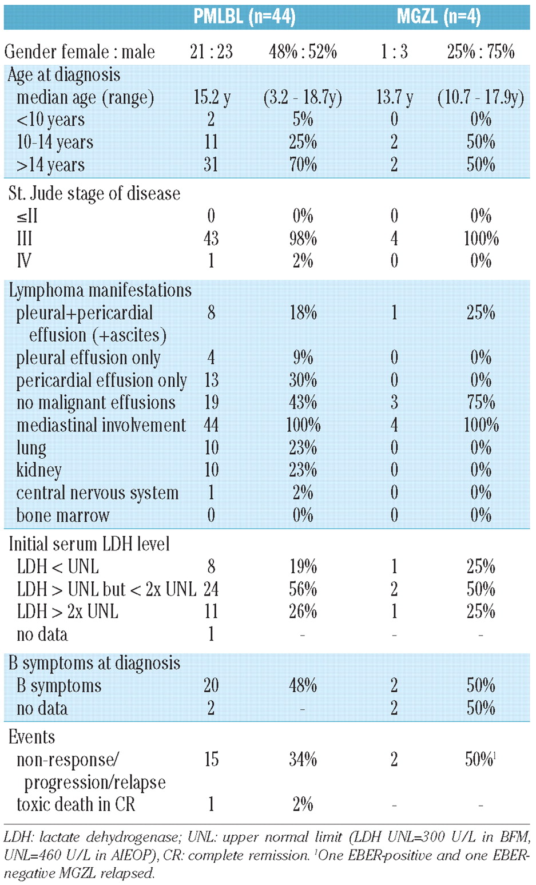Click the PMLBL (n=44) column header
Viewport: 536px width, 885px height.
(244, 17)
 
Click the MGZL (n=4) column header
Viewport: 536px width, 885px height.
(438, 17)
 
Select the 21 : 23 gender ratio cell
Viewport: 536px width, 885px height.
(211, 52)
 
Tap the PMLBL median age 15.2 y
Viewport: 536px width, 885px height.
(212, 97)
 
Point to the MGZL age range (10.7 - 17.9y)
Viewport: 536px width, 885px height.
(481, 97)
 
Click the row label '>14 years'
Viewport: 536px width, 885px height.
(50, 165)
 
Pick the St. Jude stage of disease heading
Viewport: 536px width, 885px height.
(94, 193)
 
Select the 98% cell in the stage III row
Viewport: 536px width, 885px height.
(303, 239)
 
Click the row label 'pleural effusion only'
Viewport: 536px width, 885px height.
(88, 358)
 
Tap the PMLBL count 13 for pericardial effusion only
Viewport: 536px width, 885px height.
(211, 380)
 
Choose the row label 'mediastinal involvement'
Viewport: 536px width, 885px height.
(101, 425)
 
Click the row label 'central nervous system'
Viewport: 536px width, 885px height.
(97, 493)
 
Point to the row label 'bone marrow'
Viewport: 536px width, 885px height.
(62, 515)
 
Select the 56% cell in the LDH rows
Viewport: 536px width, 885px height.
(303, 589)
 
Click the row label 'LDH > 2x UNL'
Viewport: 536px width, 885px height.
(67, 612)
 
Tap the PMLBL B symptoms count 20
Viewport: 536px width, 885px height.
(211, 685)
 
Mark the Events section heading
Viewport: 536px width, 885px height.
(31, 737)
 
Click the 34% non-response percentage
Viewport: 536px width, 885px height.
(303, 759)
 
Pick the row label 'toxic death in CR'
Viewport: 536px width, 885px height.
(76, 804)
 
